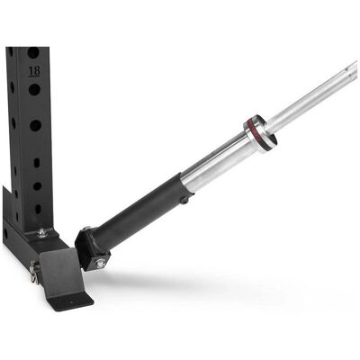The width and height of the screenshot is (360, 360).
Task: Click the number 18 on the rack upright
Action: tap(34, 72)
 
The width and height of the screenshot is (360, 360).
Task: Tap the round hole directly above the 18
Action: tap(33, 53)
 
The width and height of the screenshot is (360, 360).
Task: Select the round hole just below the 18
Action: tap(34, 90)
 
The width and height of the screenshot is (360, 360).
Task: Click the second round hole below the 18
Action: tap(35, 125)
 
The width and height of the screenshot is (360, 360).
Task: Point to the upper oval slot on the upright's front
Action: tap(37, 163)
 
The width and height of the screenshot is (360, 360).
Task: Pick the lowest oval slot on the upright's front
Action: tap(38, 209)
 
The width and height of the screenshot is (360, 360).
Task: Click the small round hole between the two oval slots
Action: tap(37, 186)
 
